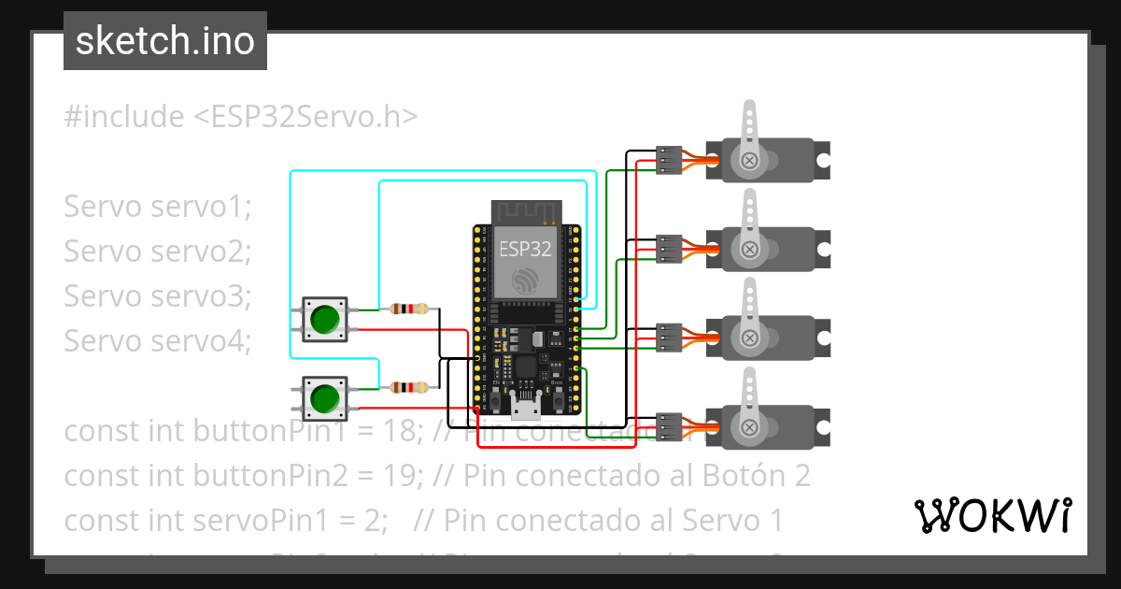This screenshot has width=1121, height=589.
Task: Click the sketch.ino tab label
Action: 164,41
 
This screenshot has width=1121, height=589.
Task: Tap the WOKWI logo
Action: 991,515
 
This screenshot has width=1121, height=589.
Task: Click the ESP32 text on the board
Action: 524,249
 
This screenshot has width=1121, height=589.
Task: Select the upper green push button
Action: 324,318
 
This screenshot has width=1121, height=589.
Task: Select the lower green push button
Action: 324,398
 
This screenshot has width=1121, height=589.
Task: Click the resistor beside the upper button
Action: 410,309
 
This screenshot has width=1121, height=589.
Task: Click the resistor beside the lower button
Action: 410,387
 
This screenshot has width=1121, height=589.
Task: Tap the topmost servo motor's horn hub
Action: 748,161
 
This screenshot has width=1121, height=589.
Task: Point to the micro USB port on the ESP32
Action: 525,406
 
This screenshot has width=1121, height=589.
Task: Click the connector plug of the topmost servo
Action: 669,161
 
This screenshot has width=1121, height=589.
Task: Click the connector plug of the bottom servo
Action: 669,426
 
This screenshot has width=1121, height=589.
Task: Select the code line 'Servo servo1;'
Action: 158,207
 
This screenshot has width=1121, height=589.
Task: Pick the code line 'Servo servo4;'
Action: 158,341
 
